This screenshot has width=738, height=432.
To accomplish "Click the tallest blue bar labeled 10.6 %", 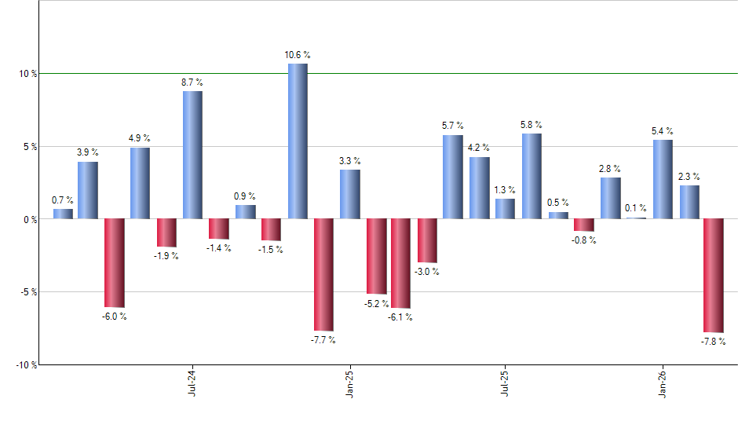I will [298, 141].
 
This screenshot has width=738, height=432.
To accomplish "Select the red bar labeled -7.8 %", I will [713, 276].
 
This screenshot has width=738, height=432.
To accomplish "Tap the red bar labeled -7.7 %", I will [323, 275].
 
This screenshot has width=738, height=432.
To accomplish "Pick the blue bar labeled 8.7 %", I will [192, 155].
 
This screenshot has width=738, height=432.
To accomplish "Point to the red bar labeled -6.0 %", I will [115, 262].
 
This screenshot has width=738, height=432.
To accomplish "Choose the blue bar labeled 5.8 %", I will [532, 176].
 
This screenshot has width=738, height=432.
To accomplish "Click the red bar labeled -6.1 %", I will [400, 263].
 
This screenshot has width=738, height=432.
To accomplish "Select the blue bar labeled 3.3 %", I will [350, 194].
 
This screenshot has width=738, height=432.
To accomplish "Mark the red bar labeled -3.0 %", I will [427, 240].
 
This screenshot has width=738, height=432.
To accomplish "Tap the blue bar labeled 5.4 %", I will [663, 179].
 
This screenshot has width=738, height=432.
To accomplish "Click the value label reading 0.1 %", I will [636, 208].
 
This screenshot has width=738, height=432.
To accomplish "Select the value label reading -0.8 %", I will [584, 240].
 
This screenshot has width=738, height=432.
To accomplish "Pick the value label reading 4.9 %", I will [140, 138].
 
